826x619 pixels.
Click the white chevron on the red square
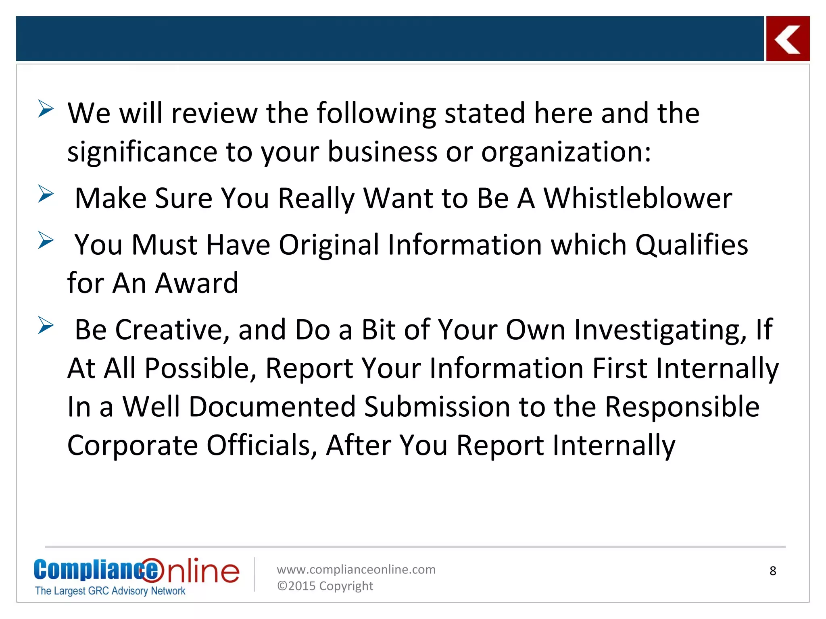tap(787, 39)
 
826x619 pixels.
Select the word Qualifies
tap(692, 245)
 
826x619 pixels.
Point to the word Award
tap(197, 283)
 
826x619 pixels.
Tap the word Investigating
tap(660, 330)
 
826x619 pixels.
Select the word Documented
tap(273, 407)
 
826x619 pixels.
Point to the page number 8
tap(773, 571)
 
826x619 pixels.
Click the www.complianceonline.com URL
tap(356, 569)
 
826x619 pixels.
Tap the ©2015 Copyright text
tap(325, 586)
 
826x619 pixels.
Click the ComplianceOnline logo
tap(136, 570)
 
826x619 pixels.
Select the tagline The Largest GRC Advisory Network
tap(110, 591)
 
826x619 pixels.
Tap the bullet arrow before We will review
tap(46, 109)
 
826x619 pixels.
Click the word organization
tap(566, 152)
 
